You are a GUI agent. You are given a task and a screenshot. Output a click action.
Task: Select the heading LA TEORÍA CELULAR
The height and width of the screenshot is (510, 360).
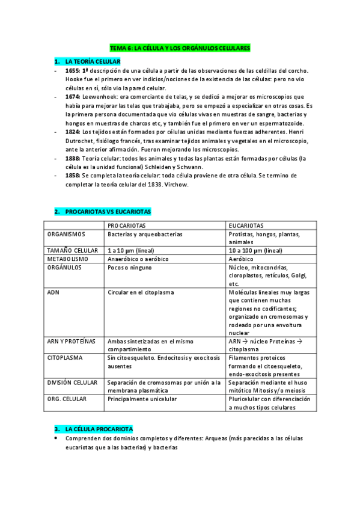(93, 61)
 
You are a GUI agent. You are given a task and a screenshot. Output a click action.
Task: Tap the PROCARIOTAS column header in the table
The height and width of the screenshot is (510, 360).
(129, 224)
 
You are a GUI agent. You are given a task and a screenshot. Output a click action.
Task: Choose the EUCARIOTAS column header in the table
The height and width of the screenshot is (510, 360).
(246, 224)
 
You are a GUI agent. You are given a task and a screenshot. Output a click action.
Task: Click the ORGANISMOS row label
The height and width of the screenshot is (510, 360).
(66, 234)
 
